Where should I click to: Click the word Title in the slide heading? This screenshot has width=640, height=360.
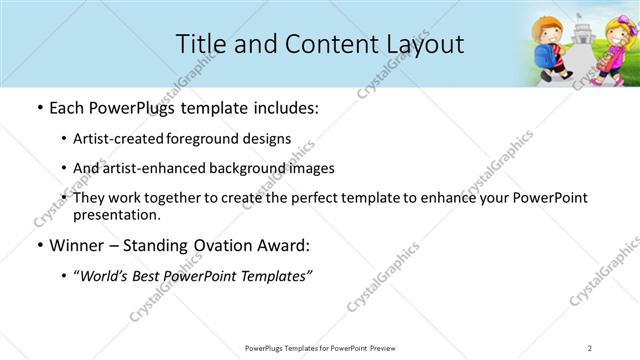coord(200,44)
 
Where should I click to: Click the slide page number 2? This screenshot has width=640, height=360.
coord(590,347)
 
